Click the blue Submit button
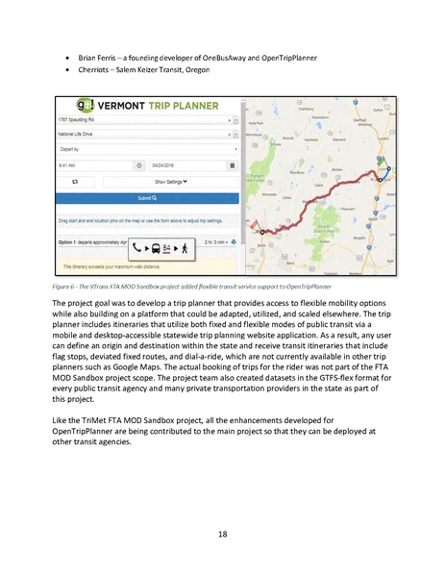tap(146, 196)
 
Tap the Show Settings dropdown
tap(171, 180)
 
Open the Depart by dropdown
tap(145, 150)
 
